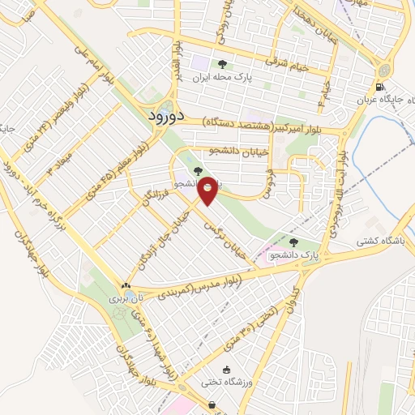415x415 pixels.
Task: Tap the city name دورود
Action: pyautogui.click(x=167, y=117)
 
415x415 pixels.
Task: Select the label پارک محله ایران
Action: pyautogui.click(x=221, y=79)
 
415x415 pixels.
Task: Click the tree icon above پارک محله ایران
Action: pyautogui.click(x=221, y=64)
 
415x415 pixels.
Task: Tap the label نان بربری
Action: pyautogui.click(x=125, y=299)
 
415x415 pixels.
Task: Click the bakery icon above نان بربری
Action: pyautogui.click(x=125, y=286)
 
